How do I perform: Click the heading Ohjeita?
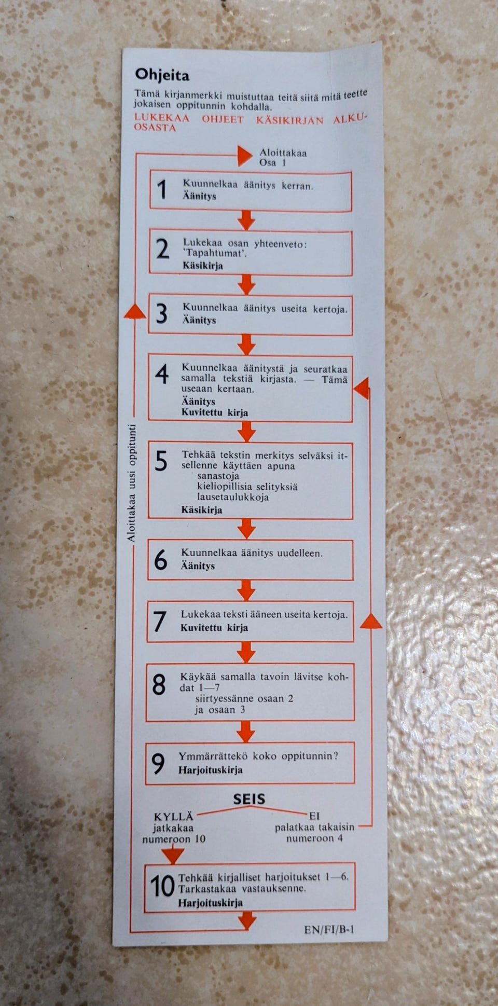pyautogui.click(x=162, y=75)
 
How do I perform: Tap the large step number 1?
pyautogui.click(x=162, y=189)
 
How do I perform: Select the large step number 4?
pyautogui.click(x=161, y=374)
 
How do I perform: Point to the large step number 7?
pyautogui.click(x=160, y=622)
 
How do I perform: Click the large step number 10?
pyautogui.click(x=162, y=886)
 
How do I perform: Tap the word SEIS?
pyautogui.click(x=249, y=800)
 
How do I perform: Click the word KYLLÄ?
pyautogui.click(x=173, y=817)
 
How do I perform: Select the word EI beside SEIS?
pyautogui.click(x=314, y=816)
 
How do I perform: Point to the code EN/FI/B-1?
pyautogui.click(x=329, y=929)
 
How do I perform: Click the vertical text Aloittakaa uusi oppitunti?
pyautogui.click(x=132, y=484)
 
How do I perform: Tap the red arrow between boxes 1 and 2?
pyautogui.click(x=246, y=220)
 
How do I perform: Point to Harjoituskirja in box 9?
pyautogui.click(x=210, y=770)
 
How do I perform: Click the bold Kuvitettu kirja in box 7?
pyautogui.click(x=214, y=628)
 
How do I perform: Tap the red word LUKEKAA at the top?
pyautogui.click(x=162, y=118)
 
